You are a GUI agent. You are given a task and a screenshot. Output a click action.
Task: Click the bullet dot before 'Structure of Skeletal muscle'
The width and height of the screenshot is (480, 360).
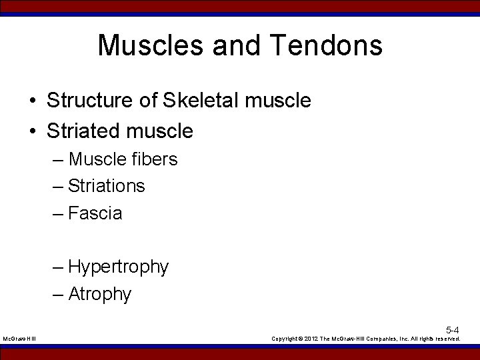[x=32, y=101]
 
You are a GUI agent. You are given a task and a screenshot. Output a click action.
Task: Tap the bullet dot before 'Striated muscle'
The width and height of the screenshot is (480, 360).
[x=32, y=131]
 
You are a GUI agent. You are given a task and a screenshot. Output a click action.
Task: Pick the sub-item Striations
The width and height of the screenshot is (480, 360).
[x=106, y=186]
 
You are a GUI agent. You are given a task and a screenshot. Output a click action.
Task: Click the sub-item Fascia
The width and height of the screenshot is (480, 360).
[x=95, y=213]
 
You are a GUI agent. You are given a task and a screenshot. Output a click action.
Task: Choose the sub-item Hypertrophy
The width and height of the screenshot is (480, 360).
[x=118, y=267]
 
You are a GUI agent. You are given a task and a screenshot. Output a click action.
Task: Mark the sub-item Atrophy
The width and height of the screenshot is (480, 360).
[x=100, y=294]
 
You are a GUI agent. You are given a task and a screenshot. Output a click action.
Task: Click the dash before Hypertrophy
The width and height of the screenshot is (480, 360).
[x=58, y=267]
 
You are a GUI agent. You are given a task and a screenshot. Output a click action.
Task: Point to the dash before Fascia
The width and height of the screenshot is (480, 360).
[x=58, y=214]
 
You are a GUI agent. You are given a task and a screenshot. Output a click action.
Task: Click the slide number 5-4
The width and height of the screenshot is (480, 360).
[x=452, y=330]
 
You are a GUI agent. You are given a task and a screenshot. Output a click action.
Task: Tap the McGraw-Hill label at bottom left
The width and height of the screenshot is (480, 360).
[x=19, y=339]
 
